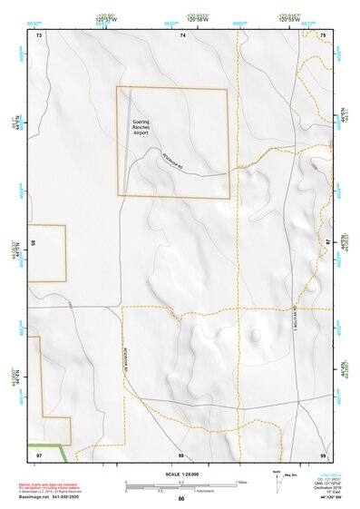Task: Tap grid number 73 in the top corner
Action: pyautogui.click(x=39, y=34)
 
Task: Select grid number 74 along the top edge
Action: pyautogui.click(x=182, y=34)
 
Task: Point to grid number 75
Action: pyautogui.click(x=323, y=34)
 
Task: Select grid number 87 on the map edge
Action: pyautogui.click(x=327, y=243)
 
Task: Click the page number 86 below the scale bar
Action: pyautogui.click(x=181, y=498)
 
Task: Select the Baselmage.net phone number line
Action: pyautogui.click(x=47, y=501)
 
